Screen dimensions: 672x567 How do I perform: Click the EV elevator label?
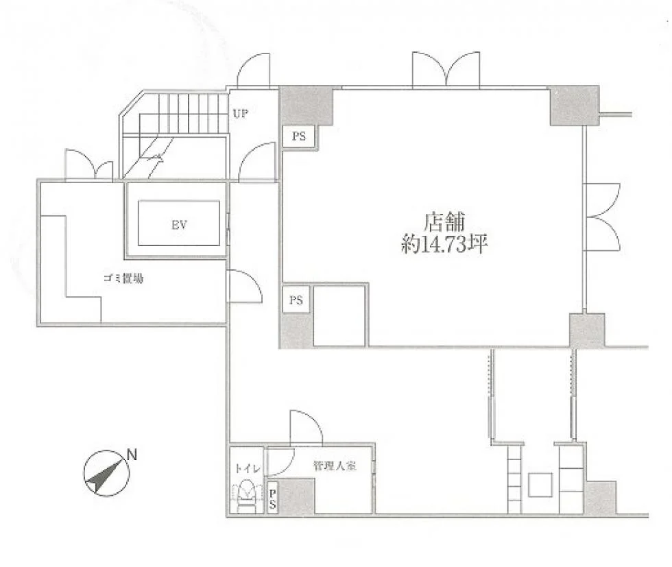(179, 225)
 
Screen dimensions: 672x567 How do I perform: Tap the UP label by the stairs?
(241, 114)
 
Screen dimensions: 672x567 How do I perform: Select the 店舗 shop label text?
(444, 221)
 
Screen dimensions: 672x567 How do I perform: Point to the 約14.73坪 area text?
(444, 244)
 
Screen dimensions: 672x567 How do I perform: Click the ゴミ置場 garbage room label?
(123, 279)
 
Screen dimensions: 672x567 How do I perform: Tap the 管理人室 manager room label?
(335, 466)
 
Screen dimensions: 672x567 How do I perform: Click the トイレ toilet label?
(248, 469)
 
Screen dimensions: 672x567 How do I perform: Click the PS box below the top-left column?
(299, 136)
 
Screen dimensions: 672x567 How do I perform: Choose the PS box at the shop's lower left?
(296, 300)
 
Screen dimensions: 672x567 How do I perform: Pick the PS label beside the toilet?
(272, 499)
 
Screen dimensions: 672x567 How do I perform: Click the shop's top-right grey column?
(575, 106)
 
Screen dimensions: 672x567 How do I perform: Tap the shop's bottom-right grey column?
(587, 330)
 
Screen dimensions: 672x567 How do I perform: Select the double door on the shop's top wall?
(446, 71)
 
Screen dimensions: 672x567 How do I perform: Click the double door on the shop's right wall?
(602, 217)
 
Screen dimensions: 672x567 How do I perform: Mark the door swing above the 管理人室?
(306, 427)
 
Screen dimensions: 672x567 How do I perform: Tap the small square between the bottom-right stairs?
(540, 485)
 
